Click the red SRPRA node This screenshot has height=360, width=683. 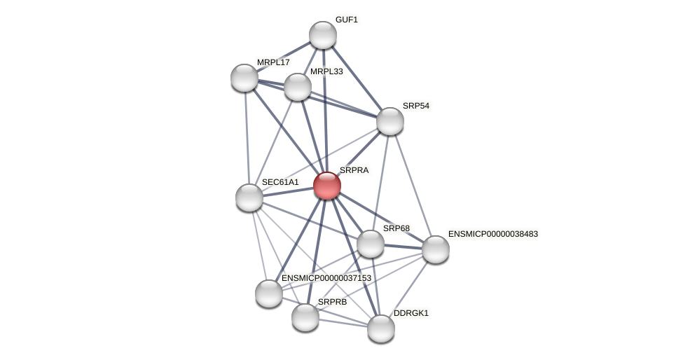point(326,186)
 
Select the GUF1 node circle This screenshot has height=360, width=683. point(323,35)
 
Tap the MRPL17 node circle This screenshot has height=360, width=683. point(244,78)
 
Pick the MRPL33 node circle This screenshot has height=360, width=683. point(298,87)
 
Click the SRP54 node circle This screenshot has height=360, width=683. point(390,121)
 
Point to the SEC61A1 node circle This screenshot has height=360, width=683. point(249,198)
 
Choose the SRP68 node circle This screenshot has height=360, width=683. point(371,244)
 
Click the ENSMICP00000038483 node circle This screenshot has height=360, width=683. point(435,249)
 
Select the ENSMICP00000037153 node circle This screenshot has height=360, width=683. point(269,293)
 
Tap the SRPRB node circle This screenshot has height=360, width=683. point(305,317)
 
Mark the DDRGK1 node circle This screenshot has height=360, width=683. point(381,328)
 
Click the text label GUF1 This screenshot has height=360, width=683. point(346,20)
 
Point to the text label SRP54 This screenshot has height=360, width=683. point(415,106)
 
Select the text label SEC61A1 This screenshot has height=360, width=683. point(280,182)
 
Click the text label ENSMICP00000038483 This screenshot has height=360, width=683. point(492,234)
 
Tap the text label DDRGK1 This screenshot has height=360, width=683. point(411,313)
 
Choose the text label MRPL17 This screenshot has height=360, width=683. point(273,62)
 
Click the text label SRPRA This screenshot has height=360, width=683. point(354,170)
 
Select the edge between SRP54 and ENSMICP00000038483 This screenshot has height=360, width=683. point(413,185)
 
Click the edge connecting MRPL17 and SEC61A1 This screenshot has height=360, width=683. point(247,137)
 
